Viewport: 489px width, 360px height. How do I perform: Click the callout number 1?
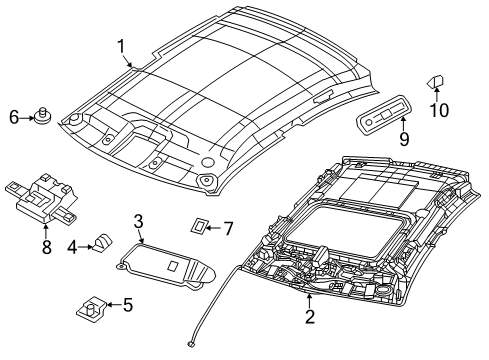[121, 45]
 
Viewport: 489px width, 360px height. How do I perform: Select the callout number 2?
[309, 317]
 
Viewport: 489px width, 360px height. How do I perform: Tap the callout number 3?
[139, 221]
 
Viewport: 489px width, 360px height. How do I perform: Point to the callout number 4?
[71, 246]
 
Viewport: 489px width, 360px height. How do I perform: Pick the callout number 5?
[127, 304]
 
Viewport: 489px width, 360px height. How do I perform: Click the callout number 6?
[14, 118]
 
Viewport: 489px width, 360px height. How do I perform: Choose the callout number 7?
[228, 229]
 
